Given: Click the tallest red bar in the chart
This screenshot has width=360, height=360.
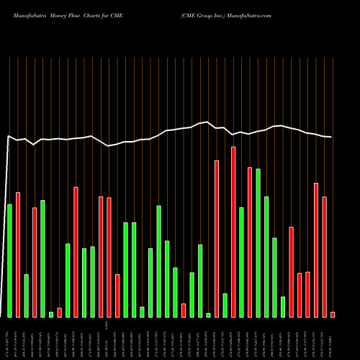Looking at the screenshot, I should (233, 232).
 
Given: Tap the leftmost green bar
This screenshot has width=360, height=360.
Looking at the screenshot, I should (9, 261).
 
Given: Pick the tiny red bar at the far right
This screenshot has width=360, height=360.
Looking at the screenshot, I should (333, 314).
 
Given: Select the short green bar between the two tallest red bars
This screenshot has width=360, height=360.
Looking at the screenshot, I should (225, 305).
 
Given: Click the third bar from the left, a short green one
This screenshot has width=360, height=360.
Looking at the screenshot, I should (26, 295).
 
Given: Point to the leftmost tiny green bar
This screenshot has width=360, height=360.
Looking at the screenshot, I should (51, 314).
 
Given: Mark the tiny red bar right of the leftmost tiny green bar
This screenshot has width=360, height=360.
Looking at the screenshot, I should (59, 312).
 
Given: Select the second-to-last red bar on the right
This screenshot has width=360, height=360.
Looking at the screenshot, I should (325, 256).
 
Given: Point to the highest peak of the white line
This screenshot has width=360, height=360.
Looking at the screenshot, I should (207, 122).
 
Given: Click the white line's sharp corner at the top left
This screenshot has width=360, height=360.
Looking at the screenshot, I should (9, 135).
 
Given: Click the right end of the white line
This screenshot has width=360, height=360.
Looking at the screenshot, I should (331, 137).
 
